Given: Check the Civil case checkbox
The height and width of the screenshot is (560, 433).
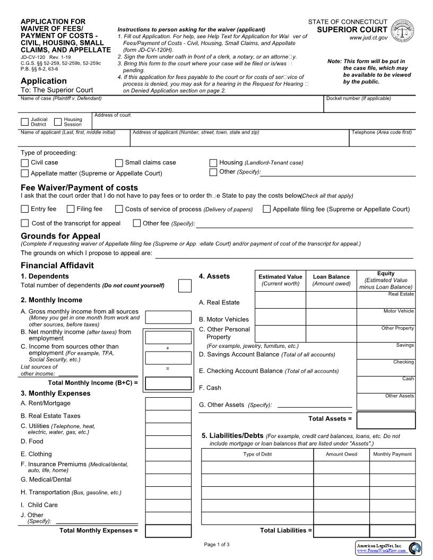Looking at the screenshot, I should [24, 163].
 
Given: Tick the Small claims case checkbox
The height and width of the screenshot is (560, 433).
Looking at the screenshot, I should [119, 163].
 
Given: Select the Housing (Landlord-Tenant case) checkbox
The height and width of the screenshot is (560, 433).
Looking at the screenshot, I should [213, 163].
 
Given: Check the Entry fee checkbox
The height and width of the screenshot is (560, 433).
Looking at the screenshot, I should [24, 209].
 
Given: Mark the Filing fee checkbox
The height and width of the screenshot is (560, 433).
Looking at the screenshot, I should [71, 209].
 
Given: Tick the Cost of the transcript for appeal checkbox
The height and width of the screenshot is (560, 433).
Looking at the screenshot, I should [24, 223].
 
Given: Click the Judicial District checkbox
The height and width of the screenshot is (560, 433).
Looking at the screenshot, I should [24, 121].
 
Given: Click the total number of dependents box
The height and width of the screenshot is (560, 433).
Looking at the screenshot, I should [185, 286].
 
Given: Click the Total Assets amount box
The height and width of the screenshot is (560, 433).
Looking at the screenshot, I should [386, 419].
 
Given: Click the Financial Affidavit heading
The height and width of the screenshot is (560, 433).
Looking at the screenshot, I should [57, 265].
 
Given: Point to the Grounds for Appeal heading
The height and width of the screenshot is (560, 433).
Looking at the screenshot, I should [60, 236].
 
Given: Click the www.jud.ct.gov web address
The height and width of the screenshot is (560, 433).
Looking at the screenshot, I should [368, 38].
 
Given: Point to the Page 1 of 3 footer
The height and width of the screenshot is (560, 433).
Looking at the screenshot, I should [216, 545].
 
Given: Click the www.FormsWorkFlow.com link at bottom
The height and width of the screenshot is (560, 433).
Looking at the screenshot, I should [382, 551].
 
